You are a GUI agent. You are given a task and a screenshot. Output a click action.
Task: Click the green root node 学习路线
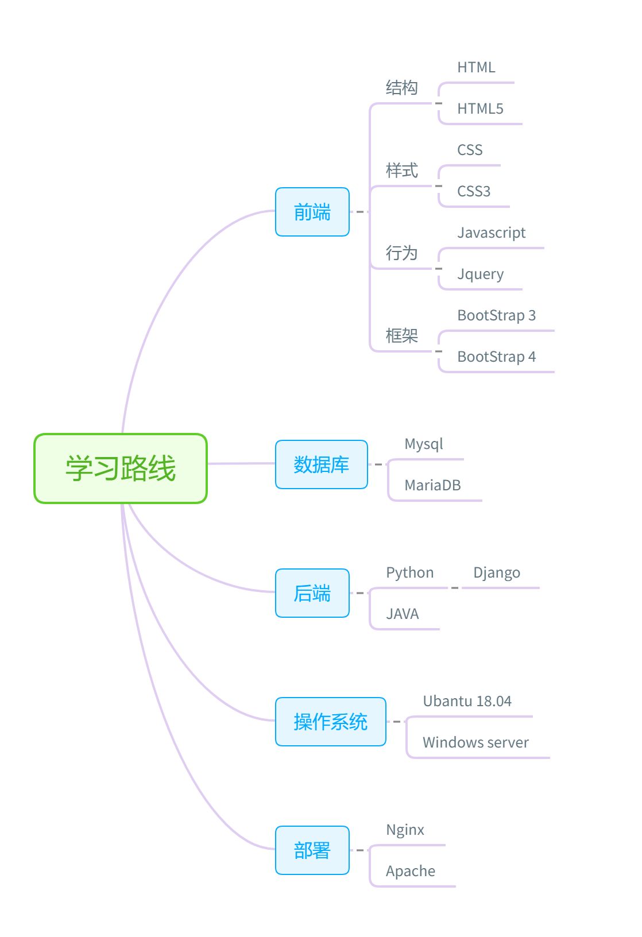(x=120, y=468)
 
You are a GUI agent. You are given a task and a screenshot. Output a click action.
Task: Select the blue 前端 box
(x=312, y=212)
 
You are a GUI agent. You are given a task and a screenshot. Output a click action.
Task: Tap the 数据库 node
(x=321, y=464)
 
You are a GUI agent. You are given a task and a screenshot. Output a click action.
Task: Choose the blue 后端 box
(x=312, y=593)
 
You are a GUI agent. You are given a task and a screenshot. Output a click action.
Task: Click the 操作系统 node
(x=330, y=722)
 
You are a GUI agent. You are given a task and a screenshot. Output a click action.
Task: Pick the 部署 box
(x=312, y=850)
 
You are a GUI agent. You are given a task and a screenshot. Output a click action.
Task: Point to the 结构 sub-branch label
(x=401, y=88)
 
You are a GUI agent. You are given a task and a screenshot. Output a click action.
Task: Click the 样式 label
(x=401, y=171)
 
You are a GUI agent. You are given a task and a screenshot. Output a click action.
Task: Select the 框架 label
(x=401, y=336)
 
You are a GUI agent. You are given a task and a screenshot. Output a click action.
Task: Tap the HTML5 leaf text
(x=480, y=109)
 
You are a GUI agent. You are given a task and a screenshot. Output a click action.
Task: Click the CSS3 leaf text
(x=473, y=191)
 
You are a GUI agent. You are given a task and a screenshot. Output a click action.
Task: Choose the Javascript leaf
(x=491, y=233)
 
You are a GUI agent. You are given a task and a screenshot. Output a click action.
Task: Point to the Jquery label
(x=480, y=274)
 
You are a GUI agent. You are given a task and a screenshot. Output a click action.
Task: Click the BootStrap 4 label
(x=496, y=357)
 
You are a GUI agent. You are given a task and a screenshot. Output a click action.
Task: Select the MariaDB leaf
(x=432, y=485)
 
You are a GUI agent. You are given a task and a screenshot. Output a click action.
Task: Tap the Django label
(x=496, y=573)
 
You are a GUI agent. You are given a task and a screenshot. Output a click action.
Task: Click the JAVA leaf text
(x=402, y=614)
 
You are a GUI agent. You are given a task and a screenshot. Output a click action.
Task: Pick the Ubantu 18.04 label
(x=467, y=701)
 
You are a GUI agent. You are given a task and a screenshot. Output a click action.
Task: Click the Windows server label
(x=475, y=742)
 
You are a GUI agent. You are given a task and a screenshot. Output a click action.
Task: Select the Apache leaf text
(x=410, y=871)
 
